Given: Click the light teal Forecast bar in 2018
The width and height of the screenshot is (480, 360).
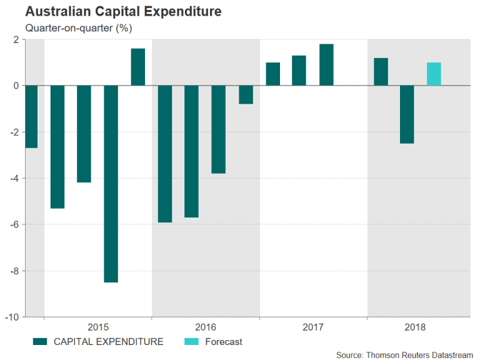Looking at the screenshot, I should (x=434, y=74).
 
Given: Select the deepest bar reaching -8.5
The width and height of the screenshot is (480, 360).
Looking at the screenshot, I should (x=111, y=184).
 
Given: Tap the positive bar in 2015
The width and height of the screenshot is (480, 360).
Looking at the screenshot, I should (x=137, y=67).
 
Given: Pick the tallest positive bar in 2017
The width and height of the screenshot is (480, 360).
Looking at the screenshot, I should (x=326, y=64).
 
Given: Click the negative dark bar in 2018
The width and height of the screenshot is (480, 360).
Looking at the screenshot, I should (x=407, y=114).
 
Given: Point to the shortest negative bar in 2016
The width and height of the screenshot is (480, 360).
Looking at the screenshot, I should (x=246, y=94).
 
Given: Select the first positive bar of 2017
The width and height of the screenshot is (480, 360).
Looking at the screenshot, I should (x=272, y=74).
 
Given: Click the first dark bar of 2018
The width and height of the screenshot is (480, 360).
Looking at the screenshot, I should (x=381, y=72).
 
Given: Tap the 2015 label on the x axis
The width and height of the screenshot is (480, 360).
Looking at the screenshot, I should (x=98, y=327).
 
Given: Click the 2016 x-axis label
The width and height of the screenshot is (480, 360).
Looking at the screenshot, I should (x=206, y=327).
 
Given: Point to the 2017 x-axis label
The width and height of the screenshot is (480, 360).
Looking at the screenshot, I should (x=312, y=327).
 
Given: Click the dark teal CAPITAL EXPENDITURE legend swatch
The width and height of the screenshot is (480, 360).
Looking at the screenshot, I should (x=40, y=342).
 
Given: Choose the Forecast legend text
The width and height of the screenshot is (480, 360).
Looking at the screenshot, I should (x=223, y=342).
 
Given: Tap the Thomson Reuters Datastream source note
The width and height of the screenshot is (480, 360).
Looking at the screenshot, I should (x=405, y=353).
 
